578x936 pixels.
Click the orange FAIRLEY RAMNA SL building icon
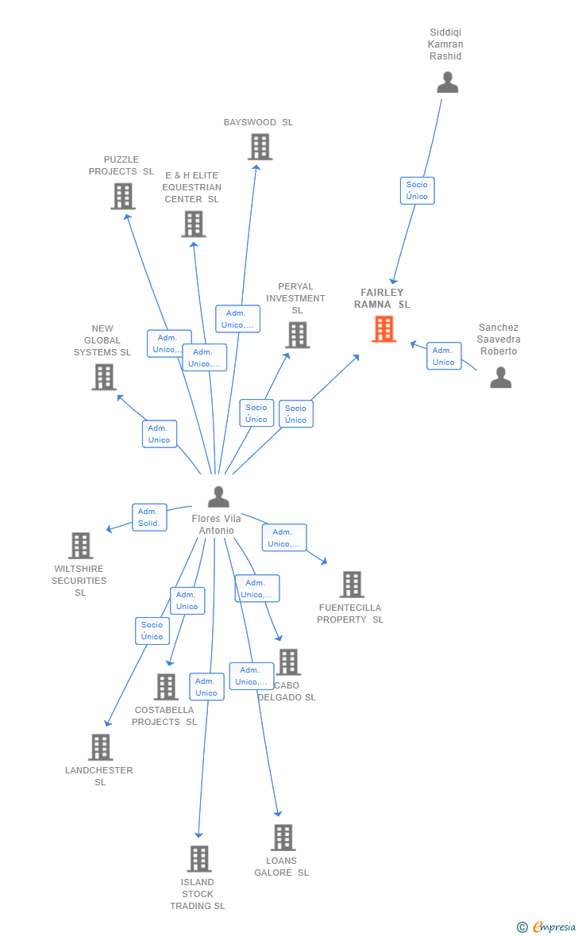tap(383, 329)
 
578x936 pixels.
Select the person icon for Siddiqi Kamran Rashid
tap(447, 82)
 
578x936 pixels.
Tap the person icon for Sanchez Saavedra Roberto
tap(501, 378)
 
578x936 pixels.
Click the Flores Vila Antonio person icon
tap(219, 497)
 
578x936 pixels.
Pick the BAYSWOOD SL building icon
tap(260, 147)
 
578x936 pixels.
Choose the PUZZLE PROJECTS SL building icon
tap(123, 197)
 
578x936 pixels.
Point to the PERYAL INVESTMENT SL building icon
tap(298, 335)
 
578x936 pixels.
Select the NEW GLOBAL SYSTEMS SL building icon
tap(104, 378)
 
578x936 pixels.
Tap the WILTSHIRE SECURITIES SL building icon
tap(81, 546)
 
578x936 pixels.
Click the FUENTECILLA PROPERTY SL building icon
tap(352, 585)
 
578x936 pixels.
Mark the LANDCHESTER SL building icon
tap(100, 747)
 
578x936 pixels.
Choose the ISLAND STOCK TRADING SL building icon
tap(199, 859)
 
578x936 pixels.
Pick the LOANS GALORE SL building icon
tap(283, 838)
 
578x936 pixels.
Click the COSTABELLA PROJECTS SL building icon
tap(166, 687)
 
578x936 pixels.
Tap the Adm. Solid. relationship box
tap(149, 517)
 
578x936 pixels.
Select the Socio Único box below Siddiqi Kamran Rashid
tap(417, 190)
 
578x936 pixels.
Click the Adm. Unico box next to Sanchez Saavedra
tap(444, 356)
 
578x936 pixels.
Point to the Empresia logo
tap(547, 926)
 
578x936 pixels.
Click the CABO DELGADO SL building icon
tap(289, 662)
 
